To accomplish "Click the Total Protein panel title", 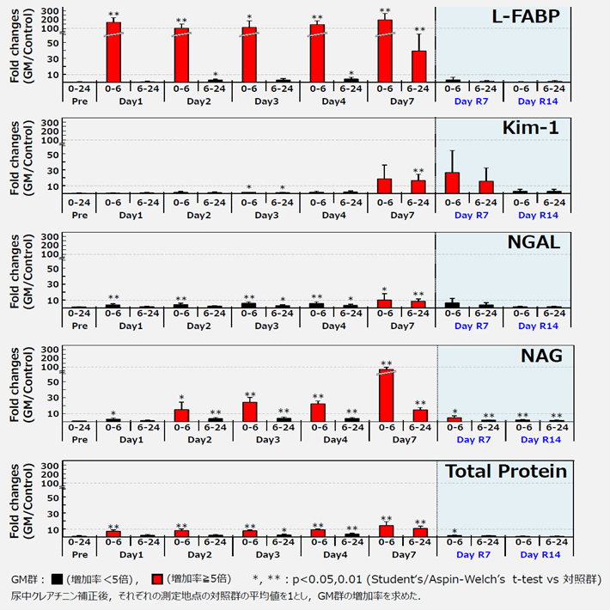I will pos(505,471).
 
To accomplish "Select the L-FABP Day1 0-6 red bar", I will pos(113,52).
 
